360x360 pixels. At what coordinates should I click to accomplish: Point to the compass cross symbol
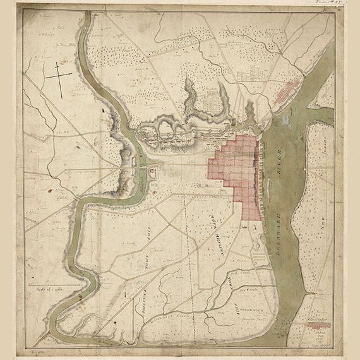[59, 78]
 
